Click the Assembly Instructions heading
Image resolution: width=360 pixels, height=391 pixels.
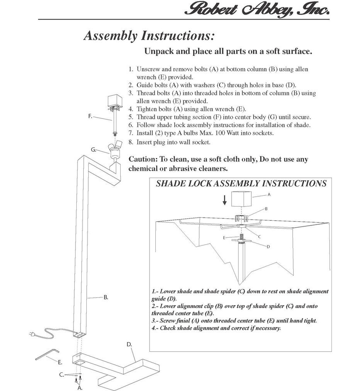tap(149, 36)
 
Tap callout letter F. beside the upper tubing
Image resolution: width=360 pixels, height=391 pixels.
tap(90, 116)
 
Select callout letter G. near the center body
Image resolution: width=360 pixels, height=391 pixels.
tap(93, 149)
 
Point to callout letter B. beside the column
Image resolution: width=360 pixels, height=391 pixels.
tap(105, 297)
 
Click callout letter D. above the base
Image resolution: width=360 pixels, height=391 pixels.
tap(130, 344)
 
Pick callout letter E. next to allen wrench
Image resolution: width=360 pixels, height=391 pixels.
tap(60, 362)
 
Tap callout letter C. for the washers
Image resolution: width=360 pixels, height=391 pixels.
tap(62, 374)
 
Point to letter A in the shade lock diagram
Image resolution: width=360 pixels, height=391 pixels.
tap(269, 195)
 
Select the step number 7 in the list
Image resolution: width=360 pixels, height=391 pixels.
tap(131, 133)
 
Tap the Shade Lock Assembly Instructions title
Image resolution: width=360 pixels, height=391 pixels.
tap(241, 183)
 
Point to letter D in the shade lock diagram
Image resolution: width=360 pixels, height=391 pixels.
tap(268, 246)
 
